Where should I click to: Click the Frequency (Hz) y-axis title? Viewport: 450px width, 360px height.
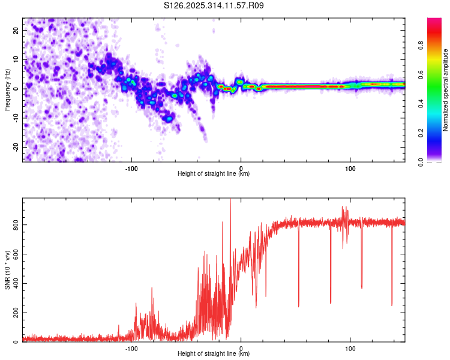7,90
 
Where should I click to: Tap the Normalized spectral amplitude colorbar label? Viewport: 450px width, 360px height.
446,90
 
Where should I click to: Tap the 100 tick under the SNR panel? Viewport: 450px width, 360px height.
350,348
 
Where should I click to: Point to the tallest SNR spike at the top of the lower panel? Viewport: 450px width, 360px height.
230,200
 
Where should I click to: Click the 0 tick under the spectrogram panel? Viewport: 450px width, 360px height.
241,168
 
